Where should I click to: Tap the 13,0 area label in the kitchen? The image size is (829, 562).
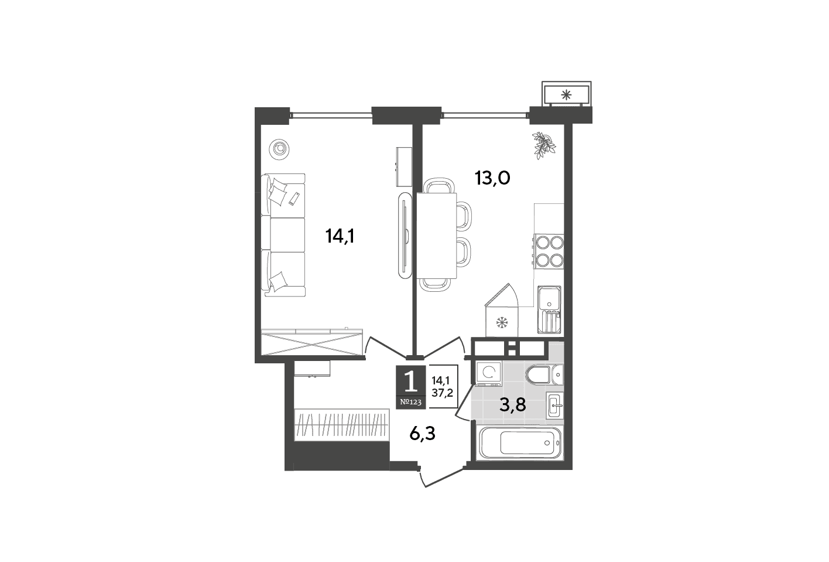click(492, 178)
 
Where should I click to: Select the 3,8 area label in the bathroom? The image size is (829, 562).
click(513, 406)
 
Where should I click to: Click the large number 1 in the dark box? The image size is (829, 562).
click(411, 383)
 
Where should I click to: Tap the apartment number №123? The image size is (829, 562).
click(411, 403)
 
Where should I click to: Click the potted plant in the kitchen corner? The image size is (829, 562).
click(544, 145)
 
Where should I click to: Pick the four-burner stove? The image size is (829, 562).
click(549, 251)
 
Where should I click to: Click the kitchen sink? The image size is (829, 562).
click(549, 309)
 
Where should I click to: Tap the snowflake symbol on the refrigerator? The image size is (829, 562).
click(502, 322)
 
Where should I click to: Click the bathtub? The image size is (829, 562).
click(520, 442)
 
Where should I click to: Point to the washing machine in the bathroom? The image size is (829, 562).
click(488, 374)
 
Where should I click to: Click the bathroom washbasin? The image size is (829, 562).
click(554, 406)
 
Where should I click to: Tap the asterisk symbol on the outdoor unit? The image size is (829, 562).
click(566, 96)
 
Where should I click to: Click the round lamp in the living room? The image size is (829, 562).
click(279, 149)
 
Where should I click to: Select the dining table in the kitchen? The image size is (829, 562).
click(437, 235)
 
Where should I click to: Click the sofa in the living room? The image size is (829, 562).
click(283, 235)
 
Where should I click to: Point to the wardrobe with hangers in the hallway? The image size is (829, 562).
click(341, 425)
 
